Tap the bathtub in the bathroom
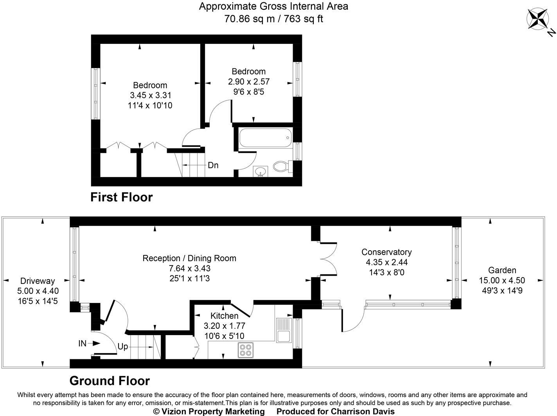264,138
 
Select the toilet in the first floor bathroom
280,167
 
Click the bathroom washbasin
260,171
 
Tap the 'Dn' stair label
213,165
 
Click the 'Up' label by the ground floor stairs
122,346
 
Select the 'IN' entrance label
82,343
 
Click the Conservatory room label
386,252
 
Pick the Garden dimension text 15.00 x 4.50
502,280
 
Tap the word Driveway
38,281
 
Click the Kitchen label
224,316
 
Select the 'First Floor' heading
121,197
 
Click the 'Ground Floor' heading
110,380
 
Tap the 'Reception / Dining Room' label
189,258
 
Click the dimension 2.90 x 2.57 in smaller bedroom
249,81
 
